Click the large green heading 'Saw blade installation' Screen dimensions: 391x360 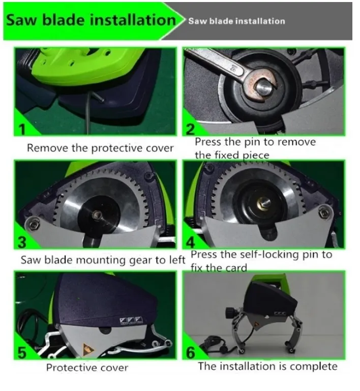[91, 20]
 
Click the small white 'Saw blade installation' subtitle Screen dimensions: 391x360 [236, 21]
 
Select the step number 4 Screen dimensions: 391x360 [191, 242]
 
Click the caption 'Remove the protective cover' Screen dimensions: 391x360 [100, 148]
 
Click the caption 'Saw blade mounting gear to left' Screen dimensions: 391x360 [103, 260]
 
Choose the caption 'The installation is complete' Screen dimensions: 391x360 [267, 366]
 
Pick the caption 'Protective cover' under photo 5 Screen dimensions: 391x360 [87, 368]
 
